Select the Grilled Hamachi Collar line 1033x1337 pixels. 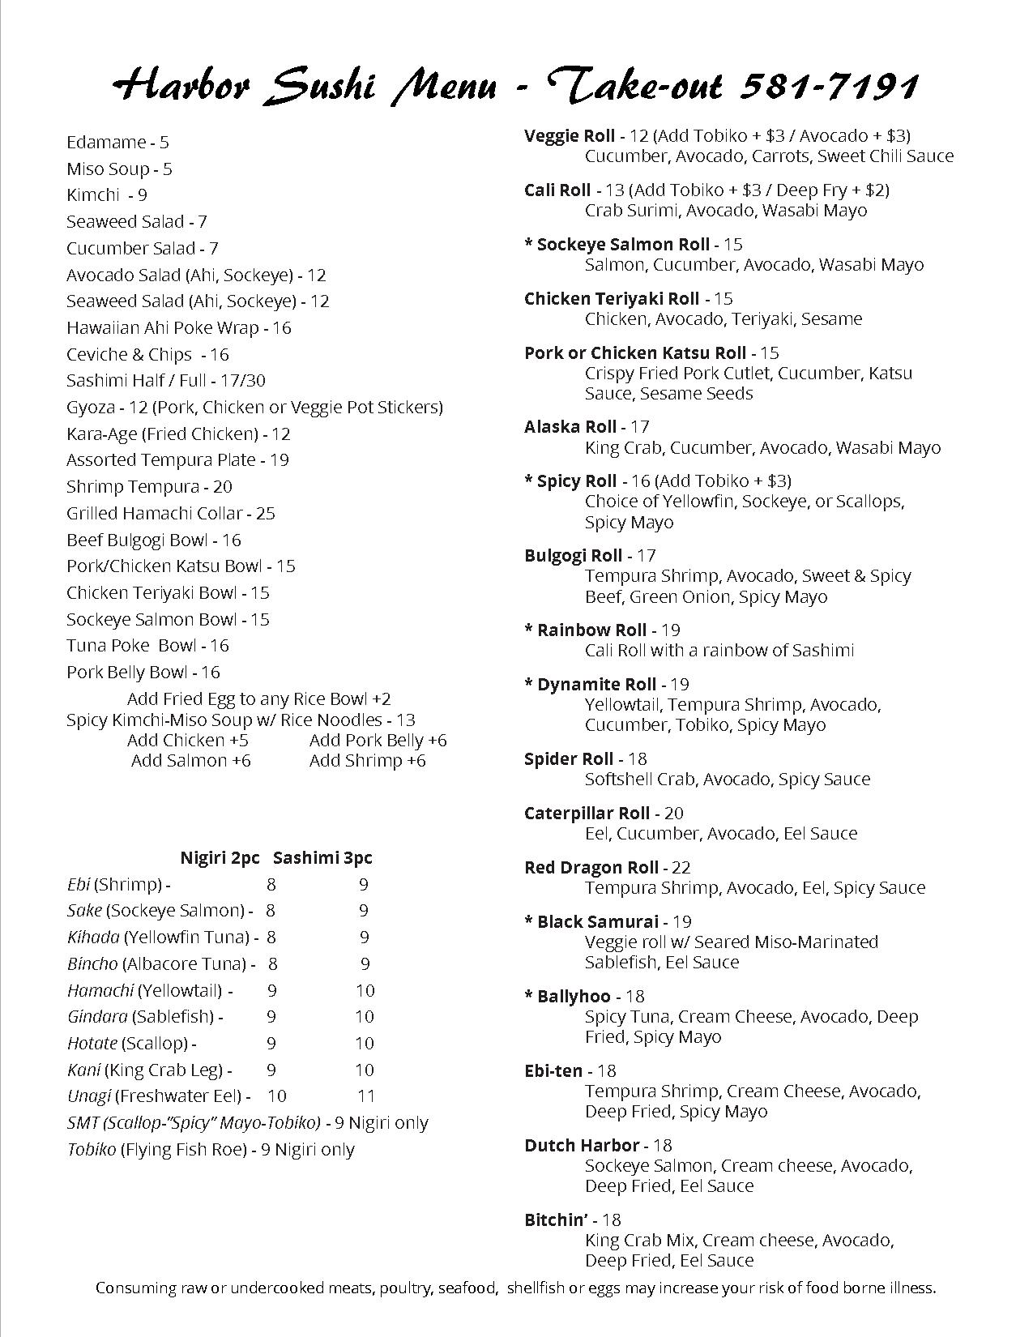tap(170, 514)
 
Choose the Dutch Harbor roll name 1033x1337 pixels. tap(582, 1146)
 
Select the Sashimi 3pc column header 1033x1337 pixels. tap(322, 858)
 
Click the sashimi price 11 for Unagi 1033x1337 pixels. tap(366, 1096)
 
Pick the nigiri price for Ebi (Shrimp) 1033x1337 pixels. tap(271, 885)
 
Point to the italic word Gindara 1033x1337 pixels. tap(97, 1017)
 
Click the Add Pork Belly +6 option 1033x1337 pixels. tap(378, 741)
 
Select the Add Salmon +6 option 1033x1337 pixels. tap(191, 761)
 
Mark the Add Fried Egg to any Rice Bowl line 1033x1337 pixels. tap(258, 699)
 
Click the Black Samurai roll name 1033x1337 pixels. tap(597, 922)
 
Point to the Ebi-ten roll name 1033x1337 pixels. tap(553, 1071)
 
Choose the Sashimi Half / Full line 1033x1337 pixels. tap(166, 381)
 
